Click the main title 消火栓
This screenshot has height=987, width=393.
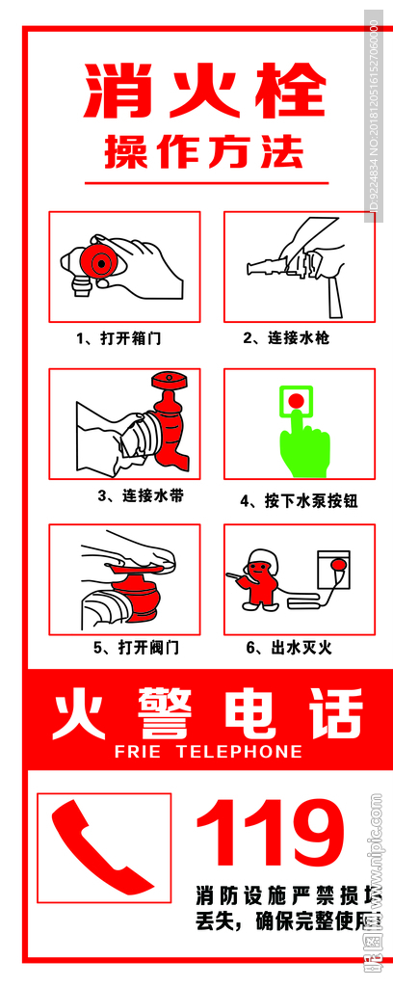click(x=205, y=93)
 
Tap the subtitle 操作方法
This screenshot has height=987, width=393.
click(x=204, y=152)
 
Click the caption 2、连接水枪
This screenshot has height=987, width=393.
click(x=286, y=338)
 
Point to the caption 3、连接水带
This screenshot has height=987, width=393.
click(x=141, y=496)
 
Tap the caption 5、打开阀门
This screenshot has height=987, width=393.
click(x=136, y=648)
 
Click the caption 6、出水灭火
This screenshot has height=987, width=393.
click(x=288, y=648)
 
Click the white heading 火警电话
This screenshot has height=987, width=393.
click(x=207, y=714)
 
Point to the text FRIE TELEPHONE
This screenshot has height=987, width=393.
click(x=208, y=752)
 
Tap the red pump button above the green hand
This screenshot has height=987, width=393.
click(x=297, y=399)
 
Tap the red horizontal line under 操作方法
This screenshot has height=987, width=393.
click(x=206, y=183)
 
